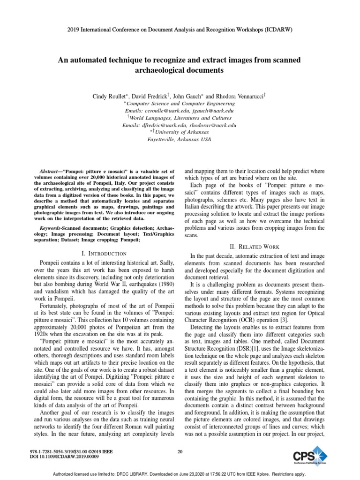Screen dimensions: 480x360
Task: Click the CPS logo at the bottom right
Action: pos(307,456)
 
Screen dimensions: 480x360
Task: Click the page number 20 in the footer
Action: pos(180,451)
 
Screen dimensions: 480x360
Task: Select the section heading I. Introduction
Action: pos(104,253)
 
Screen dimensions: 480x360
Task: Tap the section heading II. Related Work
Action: pos(255,247)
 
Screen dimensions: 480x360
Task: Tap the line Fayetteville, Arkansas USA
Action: pos(180,140)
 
